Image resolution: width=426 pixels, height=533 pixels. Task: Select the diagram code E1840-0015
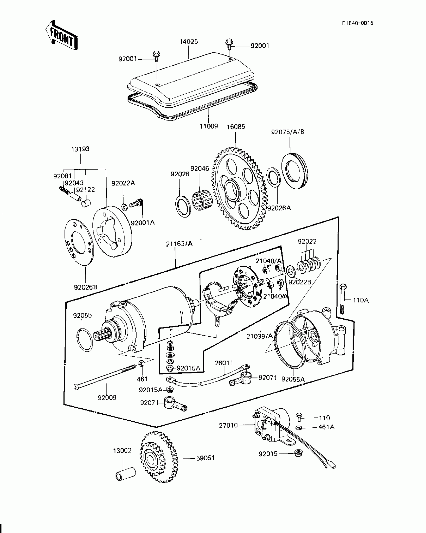point(358,23)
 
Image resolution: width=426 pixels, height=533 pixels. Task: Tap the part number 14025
point(189,42)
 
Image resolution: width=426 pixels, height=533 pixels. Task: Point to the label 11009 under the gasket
point(209,126)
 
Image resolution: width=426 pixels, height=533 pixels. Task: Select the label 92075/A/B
point(287,132)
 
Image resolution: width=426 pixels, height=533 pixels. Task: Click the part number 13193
point(80,149)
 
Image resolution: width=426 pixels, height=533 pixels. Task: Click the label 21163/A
point(179,244)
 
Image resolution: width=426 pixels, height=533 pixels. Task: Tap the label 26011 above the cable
point(224,363)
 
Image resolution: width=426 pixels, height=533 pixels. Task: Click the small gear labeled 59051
point(158,459)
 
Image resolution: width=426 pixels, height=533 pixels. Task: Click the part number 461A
point(326,427)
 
